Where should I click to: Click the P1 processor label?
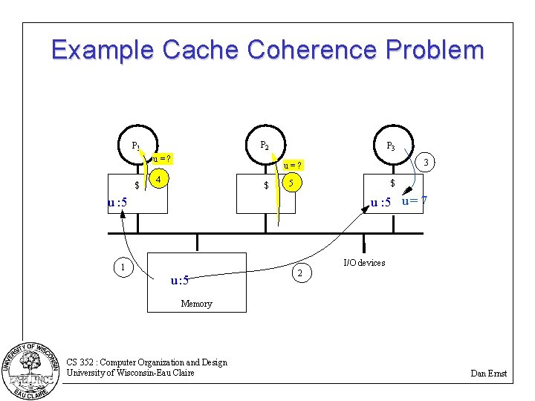click(x=137, y=146)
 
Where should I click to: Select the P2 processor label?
click(x=265, y=146)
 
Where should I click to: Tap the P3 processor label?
click(x=390, y=146)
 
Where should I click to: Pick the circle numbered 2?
click(x=299, y=274)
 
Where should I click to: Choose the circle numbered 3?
click(x=424, y=162)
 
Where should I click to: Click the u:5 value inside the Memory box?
click(x=180, y=280)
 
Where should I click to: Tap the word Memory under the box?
click(x=196, y=304)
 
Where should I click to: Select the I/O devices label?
click(x=364, y=263)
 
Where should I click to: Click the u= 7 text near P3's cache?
click(x=414, y=200)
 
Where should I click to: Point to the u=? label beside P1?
click(x=163, y=158)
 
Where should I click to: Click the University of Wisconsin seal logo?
click(x=32, y=369)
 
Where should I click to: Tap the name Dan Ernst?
click(x=488, y=374)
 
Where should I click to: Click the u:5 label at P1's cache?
click(x=117, y=202)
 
